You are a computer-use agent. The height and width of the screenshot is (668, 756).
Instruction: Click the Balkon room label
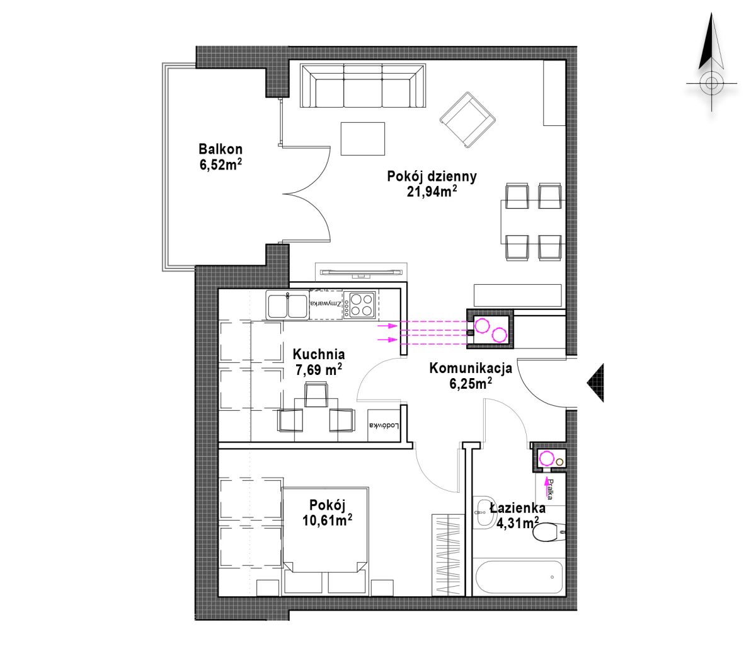click(x=220, y=149)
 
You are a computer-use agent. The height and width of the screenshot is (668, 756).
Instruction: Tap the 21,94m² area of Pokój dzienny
click(x=432, y=192)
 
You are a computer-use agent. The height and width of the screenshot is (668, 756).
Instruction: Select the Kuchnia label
click(x=318, y=354)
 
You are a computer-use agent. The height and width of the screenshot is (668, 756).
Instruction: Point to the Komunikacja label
click(x=471, y=368)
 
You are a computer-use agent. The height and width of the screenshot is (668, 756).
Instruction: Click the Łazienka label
click(x=518, y=508)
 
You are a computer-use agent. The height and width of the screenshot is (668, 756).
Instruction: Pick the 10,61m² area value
click(x=327, y=520)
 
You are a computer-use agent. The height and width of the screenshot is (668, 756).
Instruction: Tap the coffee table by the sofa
click(x=362, y=139)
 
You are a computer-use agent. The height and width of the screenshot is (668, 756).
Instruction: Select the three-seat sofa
click(x=362, y=86)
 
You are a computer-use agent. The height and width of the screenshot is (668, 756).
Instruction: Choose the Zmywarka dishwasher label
click(x=325, y=304)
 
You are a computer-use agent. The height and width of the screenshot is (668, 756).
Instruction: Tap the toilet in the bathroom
click(x=549, y=532)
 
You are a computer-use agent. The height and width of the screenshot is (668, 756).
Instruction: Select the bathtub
click(x=518, y=577)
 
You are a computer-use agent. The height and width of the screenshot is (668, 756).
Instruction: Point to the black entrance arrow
click(x=595, y=383)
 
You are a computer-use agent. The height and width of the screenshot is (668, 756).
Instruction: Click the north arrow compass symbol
click(x=711, y=62)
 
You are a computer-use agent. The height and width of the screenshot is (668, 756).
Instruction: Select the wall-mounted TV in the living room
click(x=361, y=272)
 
